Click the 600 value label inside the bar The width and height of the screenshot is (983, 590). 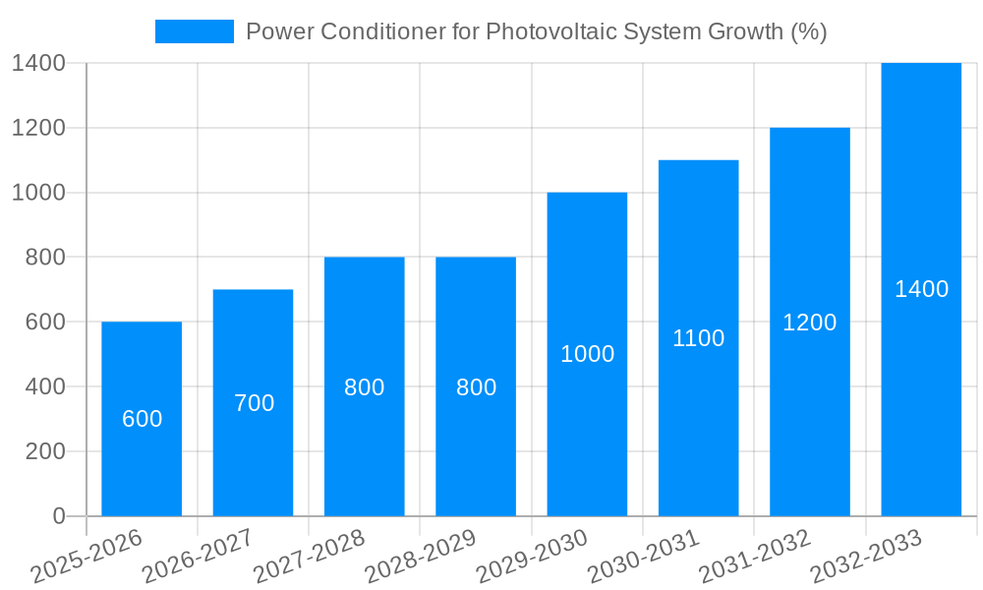142,419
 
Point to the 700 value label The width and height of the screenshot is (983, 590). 254,403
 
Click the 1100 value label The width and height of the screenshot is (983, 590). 698,338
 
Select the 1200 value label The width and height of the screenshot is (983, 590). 809,323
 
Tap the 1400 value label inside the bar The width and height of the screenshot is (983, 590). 921,289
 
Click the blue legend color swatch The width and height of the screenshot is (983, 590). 194,31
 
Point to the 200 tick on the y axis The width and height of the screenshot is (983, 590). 44,451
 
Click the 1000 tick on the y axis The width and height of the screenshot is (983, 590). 38,193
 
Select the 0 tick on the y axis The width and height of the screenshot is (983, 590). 58,516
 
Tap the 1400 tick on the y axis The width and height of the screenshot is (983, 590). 38,64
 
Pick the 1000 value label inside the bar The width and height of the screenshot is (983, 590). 587,354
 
